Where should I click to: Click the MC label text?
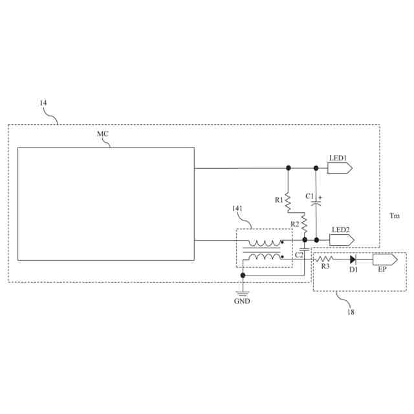point(103,133)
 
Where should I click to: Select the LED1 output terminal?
point(340,168)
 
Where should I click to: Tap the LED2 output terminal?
point(342,240)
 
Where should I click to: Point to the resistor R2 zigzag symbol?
point(304,226)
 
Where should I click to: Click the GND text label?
point(243,301)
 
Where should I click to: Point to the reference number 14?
point(43,103)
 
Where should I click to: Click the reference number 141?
point(237,208)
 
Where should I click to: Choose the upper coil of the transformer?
point(265,243)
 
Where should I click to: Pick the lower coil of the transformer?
point(265,258)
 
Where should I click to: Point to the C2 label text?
point(299,255)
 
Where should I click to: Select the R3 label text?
point(325,267)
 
